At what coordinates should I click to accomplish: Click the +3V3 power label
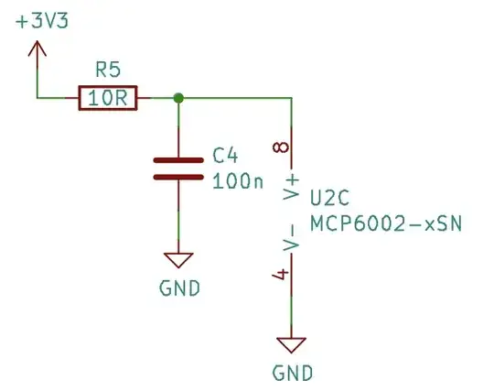tap(43, 22)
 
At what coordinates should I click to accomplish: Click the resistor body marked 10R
tap(108, 98)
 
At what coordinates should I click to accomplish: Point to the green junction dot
tap(178, 98)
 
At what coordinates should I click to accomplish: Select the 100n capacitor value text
tap(237, 181)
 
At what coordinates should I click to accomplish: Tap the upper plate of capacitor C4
tap(177, 158)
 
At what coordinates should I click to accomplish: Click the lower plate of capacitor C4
tap(177, 177)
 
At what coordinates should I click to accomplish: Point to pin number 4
tap(282, 275)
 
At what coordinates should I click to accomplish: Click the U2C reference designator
tap(330, 199)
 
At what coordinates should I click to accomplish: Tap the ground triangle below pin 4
tap(292, 344)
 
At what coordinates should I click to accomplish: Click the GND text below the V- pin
tap(292, 374)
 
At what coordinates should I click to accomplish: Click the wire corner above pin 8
tap(292, 98)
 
